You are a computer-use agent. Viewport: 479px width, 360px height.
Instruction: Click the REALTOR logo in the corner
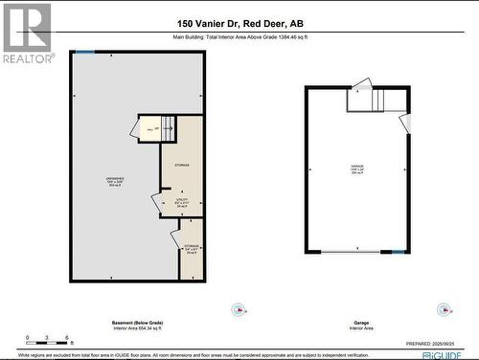pos(26,33)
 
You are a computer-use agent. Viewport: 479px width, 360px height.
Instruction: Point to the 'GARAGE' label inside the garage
pos(357,167)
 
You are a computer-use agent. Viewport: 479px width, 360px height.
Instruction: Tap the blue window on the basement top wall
pos(85,53)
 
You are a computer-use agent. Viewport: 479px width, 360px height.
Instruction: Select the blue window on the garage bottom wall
pos(398,253)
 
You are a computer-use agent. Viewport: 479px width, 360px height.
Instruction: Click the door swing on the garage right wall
pos(405,123)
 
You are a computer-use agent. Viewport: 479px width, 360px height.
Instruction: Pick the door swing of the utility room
pos(156,202)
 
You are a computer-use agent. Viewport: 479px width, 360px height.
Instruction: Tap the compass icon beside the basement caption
pos(239,309)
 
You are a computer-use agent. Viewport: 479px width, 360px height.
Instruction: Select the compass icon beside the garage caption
pos(444,309)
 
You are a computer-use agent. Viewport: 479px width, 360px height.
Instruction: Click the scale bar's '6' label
pos(66,338)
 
